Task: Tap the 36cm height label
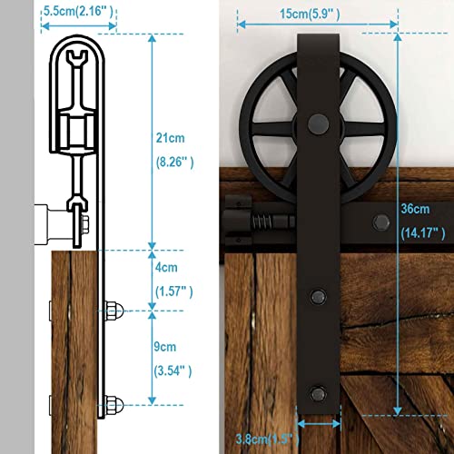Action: tap(417, 207)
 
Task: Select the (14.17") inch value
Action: tap(421, 232)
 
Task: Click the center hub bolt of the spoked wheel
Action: tap(319, 120)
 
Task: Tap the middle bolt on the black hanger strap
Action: tap(319, 296)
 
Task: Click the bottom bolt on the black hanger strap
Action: tap(319, 393)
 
